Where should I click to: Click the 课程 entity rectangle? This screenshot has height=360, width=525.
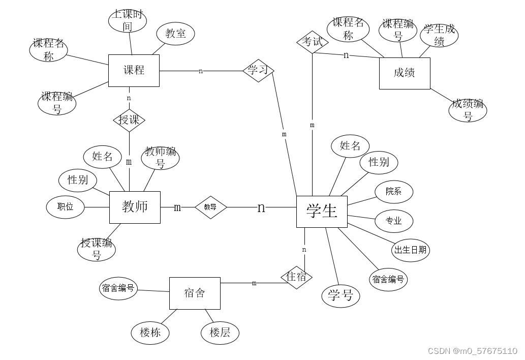coord(134,70)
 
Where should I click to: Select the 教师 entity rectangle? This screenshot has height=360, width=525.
coord(135,207)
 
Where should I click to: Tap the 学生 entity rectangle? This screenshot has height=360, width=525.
coord(322,211)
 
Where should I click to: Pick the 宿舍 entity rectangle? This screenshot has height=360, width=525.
coord(195,293)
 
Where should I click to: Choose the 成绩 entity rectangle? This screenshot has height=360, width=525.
coord(405,73)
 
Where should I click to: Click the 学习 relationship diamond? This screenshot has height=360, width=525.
coord(258,70)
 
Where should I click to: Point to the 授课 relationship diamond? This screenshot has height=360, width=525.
coord(129,120)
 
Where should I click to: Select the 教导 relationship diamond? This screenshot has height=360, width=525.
coord(210,207)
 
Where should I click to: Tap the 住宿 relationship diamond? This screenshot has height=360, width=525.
coord(297,277)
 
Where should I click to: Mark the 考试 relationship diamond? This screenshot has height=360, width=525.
coord(312,42)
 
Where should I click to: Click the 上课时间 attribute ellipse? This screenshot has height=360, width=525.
coord(128,21)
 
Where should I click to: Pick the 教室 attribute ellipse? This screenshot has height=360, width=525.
coord(175,34)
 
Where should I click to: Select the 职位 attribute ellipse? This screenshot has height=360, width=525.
coord(66,207)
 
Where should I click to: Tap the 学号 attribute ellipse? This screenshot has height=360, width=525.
coord(341,295)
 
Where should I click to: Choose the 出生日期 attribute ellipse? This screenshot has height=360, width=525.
coord(411,250)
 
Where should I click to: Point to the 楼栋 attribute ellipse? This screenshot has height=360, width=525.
coord(150,333)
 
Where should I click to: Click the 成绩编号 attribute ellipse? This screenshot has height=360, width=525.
coord(468,110)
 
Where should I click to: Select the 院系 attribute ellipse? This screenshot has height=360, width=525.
coord(394,192)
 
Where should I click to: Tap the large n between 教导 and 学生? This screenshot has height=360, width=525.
coord(261,207)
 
